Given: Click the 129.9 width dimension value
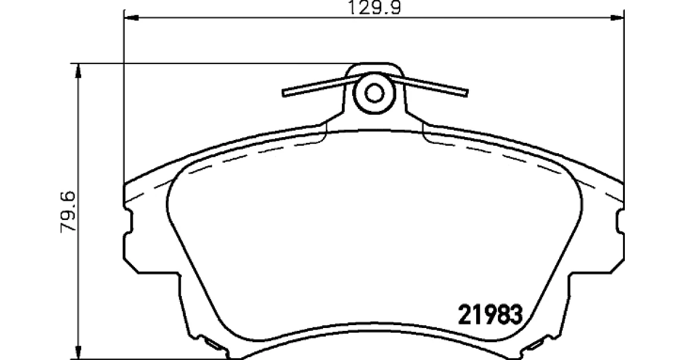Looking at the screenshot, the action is (x=374, y=7).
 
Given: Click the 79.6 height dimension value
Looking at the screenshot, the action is (x=68, y=212).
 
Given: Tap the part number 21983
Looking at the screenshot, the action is (x=490, y=315).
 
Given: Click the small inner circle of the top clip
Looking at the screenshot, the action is (x=374, y=93).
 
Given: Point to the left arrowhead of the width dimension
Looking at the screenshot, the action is (x=131, y=18).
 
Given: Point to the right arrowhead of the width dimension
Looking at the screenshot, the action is (x=617, y=18).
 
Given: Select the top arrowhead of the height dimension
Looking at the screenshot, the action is (x=79, y=71).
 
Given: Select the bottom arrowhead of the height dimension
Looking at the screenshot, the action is (x=79, y=351).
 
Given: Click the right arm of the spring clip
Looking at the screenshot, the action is (x=429, y=85).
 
